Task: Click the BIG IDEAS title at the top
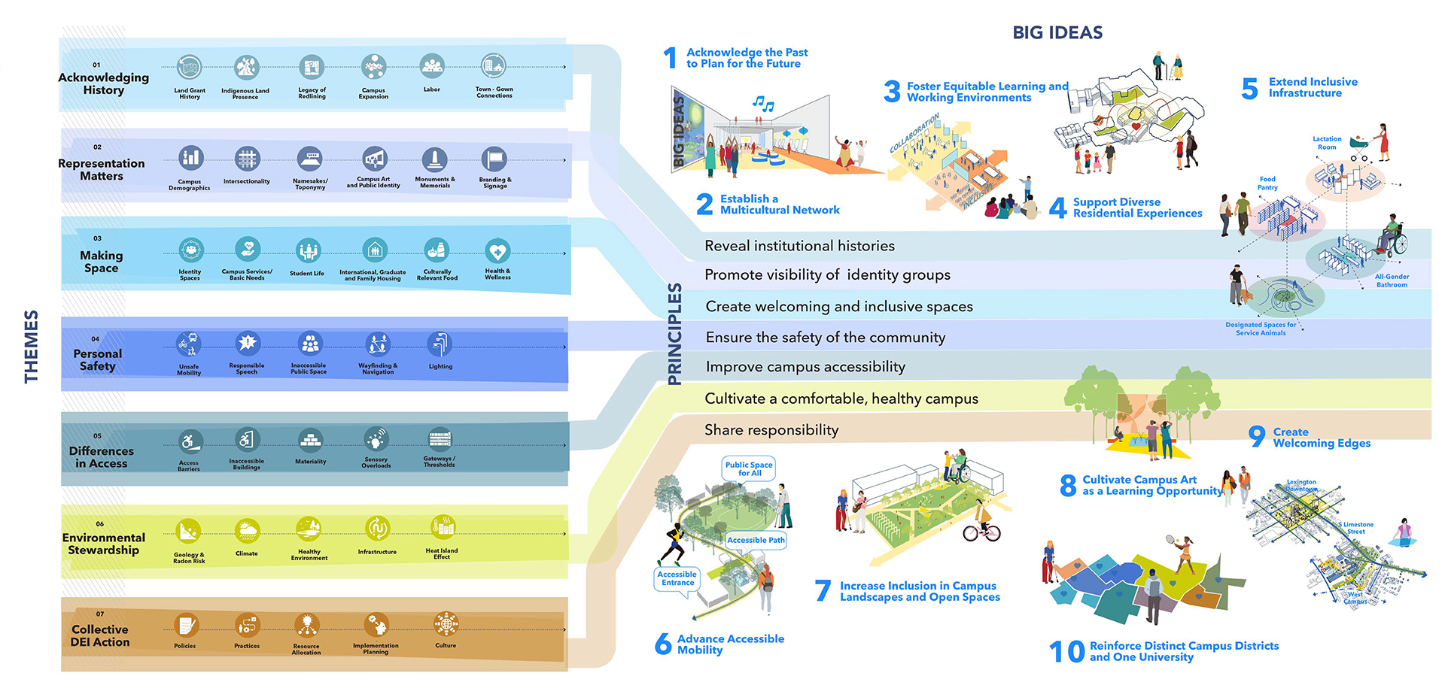[1057, 32]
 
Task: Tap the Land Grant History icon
[190, 68]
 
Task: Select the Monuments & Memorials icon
[434, 159]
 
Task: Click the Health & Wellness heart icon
[497, 250]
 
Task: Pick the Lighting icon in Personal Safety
[440, 344]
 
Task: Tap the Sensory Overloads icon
[376, 438]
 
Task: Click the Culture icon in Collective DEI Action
[446, 623]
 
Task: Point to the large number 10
[1066, 651]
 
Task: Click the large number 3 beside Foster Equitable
[892, 92]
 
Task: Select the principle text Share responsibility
[771, 430]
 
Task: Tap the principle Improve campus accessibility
[805, 367]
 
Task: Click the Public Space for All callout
[749, 468]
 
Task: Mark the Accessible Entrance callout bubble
[677, 578]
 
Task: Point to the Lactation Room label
[1327, 143]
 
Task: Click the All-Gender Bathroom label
[1392, 280]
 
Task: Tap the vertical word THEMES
[31, 346]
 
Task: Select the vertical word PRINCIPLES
[674, 334]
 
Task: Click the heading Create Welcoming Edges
[1321, 438]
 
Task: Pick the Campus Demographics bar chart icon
[190, 158]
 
